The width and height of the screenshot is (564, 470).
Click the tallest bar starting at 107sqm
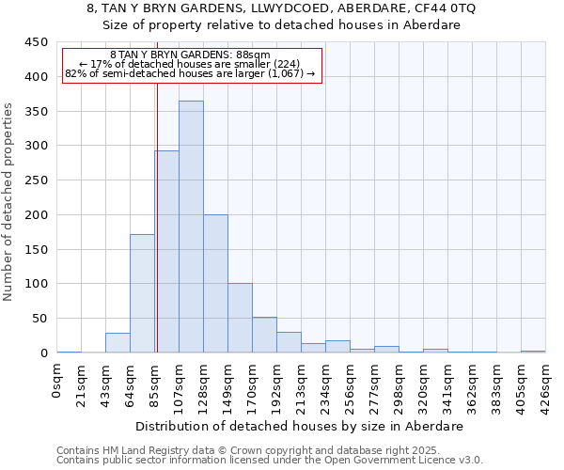tap(191, 227)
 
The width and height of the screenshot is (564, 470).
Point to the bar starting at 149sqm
tap(240, 318)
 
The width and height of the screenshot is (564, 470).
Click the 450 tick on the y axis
tap(36, 42)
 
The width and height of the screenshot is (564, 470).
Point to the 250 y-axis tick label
tap(36, 180)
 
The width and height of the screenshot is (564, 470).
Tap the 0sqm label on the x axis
tap(57, 381)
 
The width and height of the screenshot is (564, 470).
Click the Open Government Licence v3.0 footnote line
tap(270, 461)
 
